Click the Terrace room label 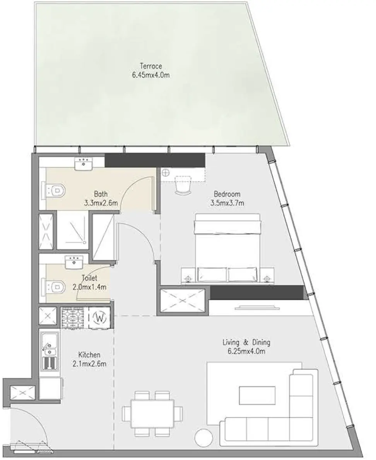click(x=150, y=66)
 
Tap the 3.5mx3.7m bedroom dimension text click(x=227, y=202)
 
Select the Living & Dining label click(x=246, y=342)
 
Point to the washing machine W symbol click(x=100, y=318)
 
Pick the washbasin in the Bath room click(x=83, y=164)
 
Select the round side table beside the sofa click(x=203, y=438)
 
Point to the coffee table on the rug click(x=257, y=396)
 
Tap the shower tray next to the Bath click(x=73, y=230)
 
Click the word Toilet click(x=89, y=278)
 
